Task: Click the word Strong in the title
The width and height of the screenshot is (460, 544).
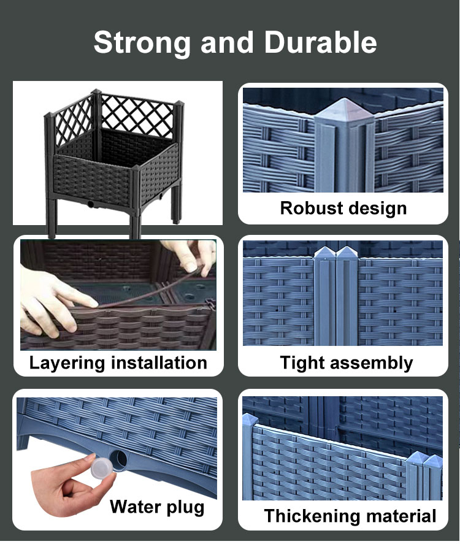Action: [x=142, y=43]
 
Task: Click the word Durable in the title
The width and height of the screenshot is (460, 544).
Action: [x=320, y=43]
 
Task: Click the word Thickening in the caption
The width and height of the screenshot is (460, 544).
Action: [x=313, y=516]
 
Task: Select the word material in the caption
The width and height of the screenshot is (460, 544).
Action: [x=401, y=516]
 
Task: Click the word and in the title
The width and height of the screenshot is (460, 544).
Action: [x=226, y=43]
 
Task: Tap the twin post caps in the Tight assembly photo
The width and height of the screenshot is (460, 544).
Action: [x=337, y=253]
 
